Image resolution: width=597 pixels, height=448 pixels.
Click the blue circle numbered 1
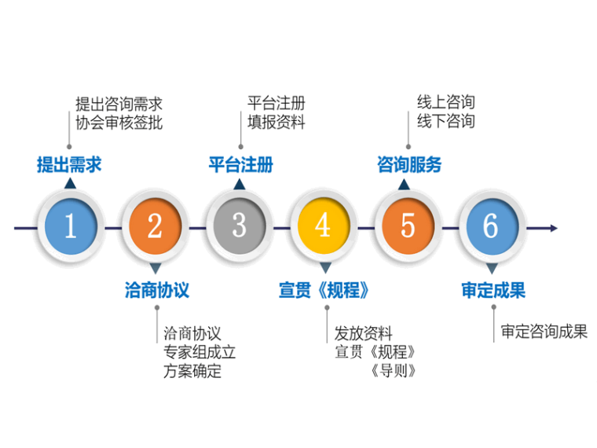click(x=70, y=227)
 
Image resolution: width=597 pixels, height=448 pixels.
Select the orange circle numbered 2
click(x=155, y=227)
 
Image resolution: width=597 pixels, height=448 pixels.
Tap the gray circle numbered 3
click(x=239, y=226)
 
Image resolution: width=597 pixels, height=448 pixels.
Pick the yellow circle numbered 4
click(x=323, y=227)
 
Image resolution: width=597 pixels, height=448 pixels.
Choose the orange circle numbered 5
click(x=408, y=227)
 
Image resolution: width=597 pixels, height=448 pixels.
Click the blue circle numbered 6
click(x=492, y=227)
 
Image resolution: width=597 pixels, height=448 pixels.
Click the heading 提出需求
click(x=69, y=165)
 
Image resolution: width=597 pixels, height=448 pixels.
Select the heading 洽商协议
click(x=157, y=290)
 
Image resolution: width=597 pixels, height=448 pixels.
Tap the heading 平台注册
click(x=240, y=165)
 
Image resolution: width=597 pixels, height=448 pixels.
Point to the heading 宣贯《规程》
click(x=324, y=290)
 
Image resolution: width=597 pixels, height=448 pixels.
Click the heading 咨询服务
click(x=409, y=165)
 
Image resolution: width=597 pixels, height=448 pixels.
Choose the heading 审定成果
click(x=493, y=290)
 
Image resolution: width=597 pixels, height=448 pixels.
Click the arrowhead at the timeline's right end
click(x=554, y=228)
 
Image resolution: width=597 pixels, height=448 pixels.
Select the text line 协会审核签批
click(x=119, y=123)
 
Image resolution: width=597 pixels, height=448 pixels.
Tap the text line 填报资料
click(x=276, y=123)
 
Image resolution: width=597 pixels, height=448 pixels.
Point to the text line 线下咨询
click(x=445, y=121)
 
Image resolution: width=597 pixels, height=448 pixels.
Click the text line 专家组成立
click(x=200, y=352)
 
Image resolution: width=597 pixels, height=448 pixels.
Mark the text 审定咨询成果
click(x=544, y=332)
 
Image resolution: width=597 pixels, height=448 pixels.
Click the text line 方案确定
click(x=192, y=371)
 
